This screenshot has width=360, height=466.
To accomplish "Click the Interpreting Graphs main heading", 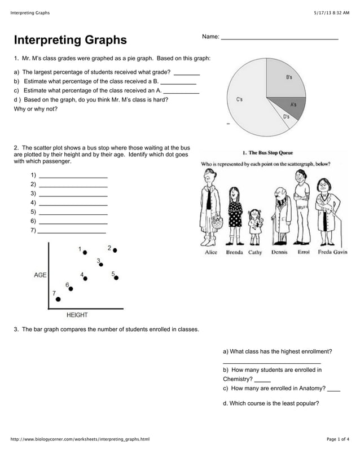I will (71, 40).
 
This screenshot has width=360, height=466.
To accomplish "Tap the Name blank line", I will (279, 38).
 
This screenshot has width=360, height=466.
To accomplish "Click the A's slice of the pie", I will (291, 104).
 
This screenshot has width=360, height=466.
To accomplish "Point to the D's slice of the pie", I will (285, 115).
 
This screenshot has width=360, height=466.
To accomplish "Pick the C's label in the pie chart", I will (239, 99).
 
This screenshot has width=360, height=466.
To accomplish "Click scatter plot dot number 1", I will (85, 252).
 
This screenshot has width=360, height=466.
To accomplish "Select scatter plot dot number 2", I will (115, 249).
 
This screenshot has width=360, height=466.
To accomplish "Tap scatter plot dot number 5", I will (117, 277).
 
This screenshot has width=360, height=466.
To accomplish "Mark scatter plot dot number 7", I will (58, 299).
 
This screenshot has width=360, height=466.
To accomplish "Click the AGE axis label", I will (40, 275).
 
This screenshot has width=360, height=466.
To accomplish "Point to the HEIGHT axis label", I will (77, 315).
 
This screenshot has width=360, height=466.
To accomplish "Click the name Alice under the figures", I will (210, 252).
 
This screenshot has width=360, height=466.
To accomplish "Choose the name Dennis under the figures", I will (279, 252).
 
